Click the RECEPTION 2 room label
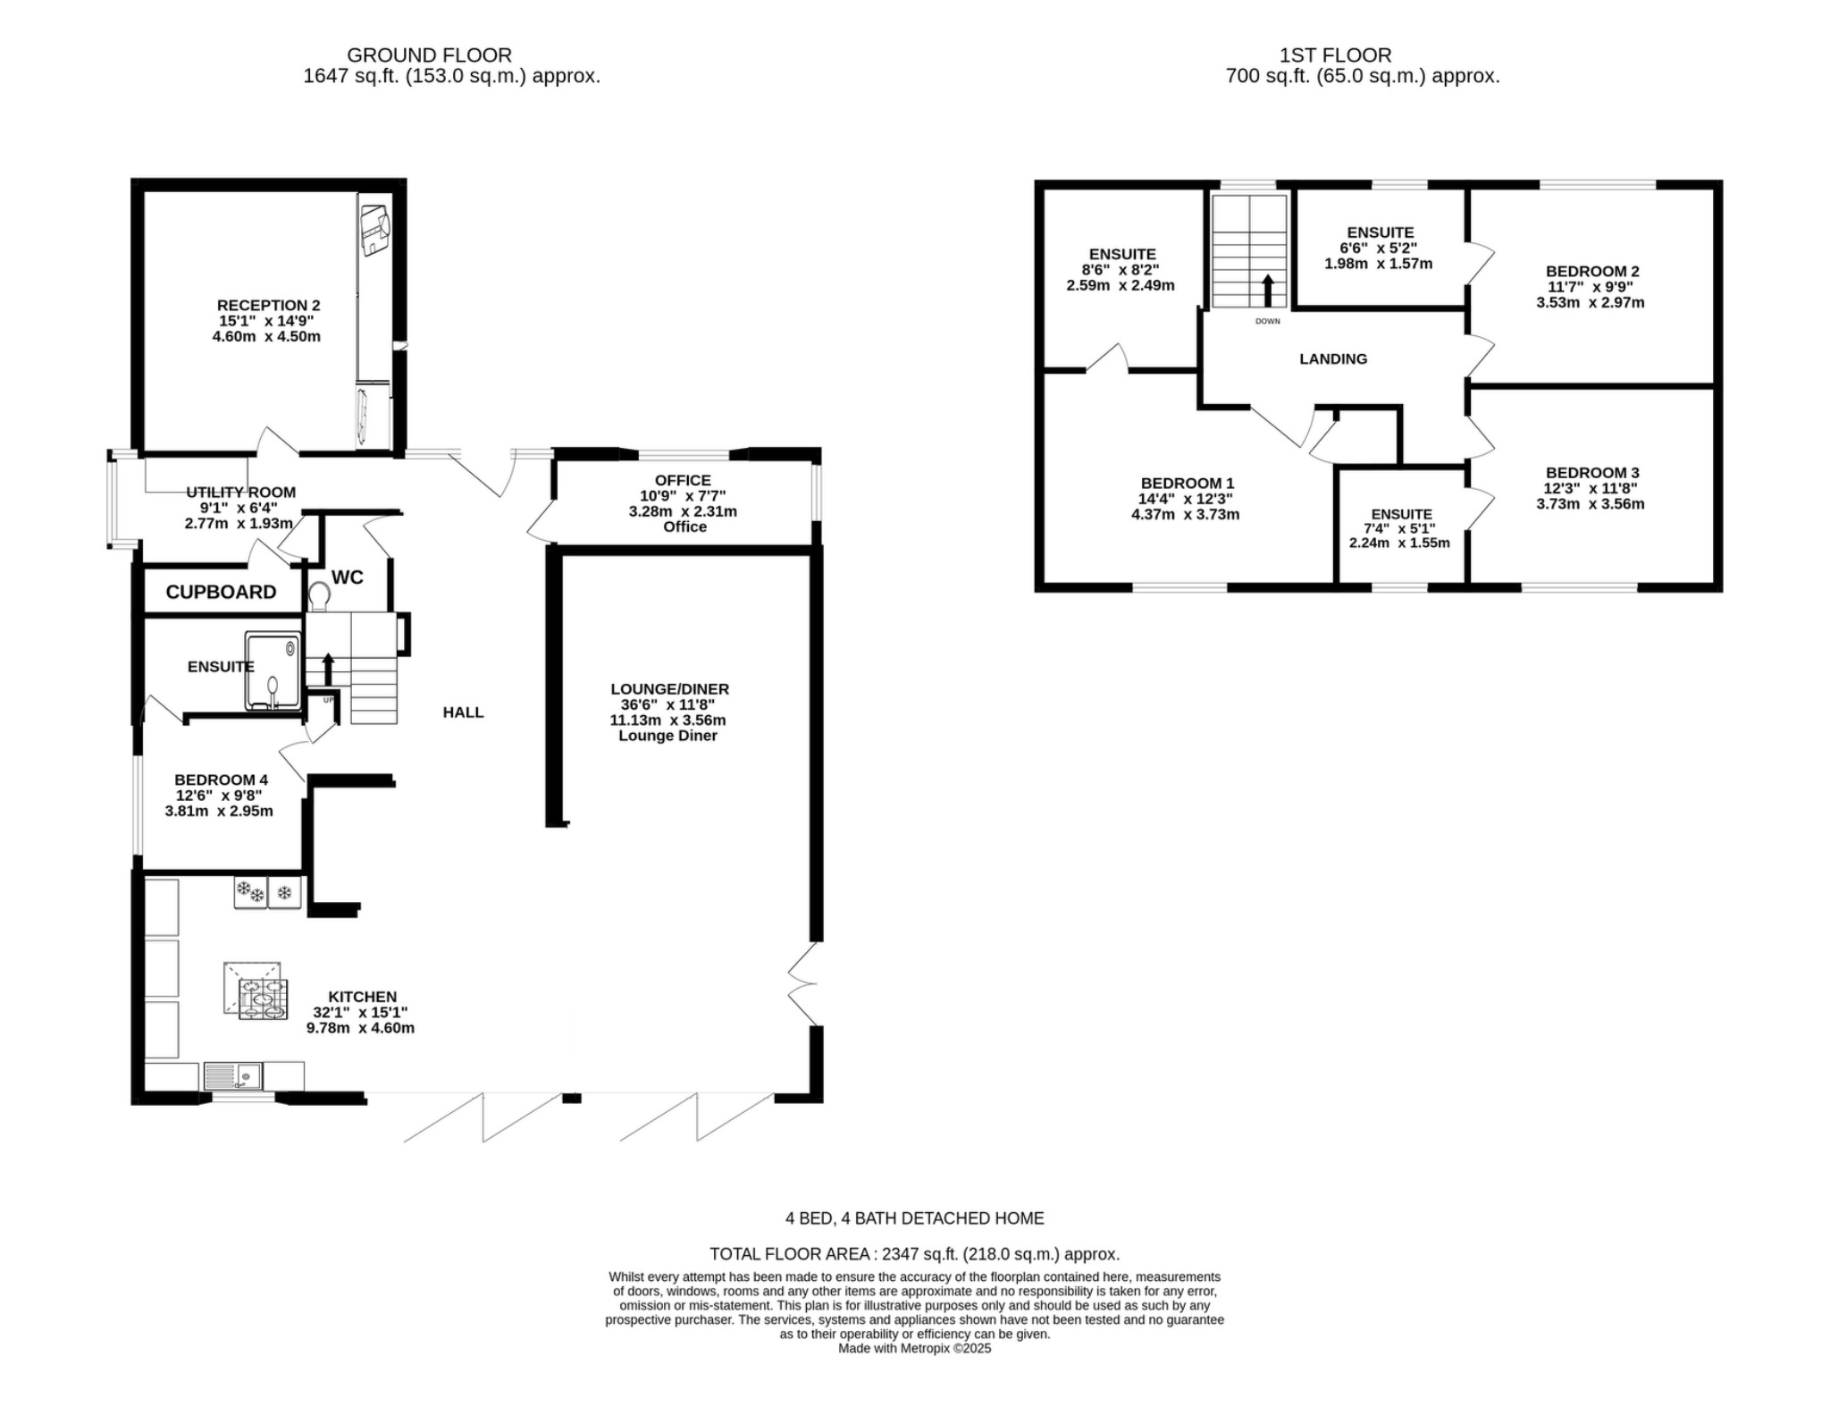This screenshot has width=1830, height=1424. click(x=268, y=306)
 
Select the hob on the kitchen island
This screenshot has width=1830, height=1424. click(x=263, y=998)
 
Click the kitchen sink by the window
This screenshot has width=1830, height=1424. click(x=232, y=1076)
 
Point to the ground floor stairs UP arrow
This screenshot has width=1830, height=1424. click(x=327, y=669)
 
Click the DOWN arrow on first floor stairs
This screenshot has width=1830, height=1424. click(x=1267, y=291)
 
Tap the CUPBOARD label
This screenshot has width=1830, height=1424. click(x=221, y=592)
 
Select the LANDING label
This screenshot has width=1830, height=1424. click(x=1332, y=358)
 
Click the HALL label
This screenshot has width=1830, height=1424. click(x=463, y=712)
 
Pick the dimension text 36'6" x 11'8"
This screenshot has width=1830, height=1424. click(x=667, y=704)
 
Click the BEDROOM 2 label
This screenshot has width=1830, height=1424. click(x=1591, y=271)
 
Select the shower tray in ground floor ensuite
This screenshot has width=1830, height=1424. click(x=273, y=671)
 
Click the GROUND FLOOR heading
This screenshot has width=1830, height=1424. click(x=429, y=55)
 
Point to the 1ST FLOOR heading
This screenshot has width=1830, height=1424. click(x=1335, y=55)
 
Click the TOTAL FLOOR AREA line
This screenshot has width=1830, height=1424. click(x=913, y=1254)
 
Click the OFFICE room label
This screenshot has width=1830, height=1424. click(x=683, y=480)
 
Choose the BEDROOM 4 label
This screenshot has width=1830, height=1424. click(x=221, y=779)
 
